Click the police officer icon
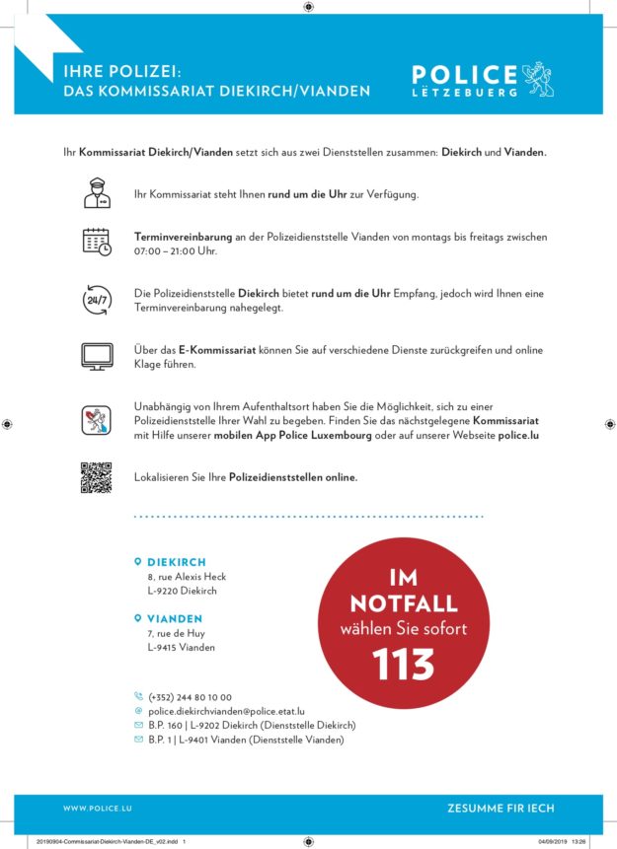click(96, 193)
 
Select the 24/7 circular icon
click(96, 300)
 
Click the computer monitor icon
click(96, 356)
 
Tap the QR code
click(96, 477)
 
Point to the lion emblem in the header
click(537, 78)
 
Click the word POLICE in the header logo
click(464, 75)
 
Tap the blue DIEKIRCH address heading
click(177, 562)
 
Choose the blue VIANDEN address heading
click(175, 619)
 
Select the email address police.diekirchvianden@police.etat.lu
click(225, 710)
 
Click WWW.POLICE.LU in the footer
click(98, 809)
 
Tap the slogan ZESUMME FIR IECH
click(501, 809)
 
